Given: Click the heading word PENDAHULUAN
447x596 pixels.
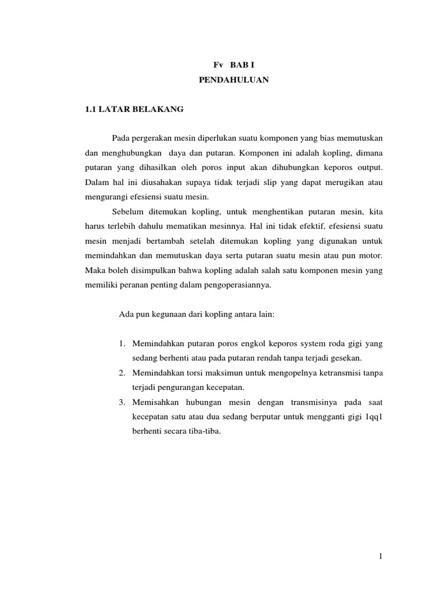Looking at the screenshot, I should (x=233, y=81).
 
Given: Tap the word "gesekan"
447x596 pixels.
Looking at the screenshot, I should (x=347, y=357).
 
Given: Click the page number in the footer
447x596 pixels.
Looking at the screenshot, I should (x=380, y=557).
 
